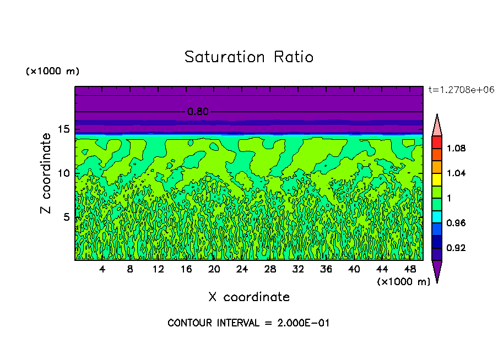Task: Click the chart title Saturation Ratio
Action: point(248,57)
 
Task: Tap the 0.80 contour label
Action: point(198,112)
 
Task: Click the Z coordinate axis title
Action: point(46,173)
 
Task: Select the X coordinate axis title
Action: point(249,297)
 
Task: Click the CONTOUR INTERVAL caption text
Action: point(248,323)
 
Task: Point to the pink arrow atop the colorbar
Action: point(436,126)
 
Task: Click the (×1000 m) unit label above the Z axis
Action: point(52,72)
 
